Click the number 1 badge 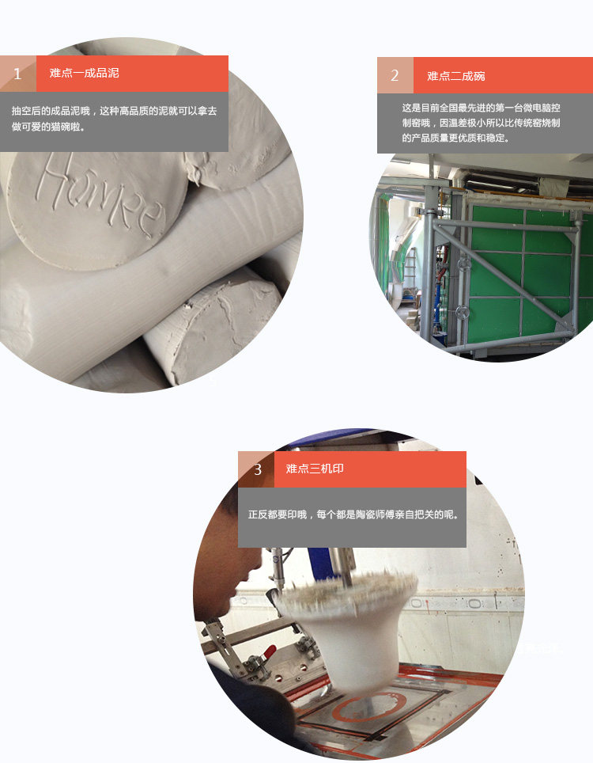point(18,74)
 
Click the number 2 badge point(395,75)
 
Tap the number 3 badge point(256,469)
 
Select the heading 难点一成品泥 point(84,73)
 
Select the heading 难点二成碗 point(456,76)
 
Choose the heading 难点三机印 point(315,469)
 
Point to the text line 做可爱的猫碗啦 point(48,127)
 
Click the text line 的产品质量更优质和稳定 point(456,139)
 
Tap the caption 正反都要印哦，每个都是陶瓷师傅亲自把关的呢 point(353,514)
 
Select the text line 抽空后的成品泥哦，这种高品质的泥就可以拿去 point(114,111)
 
